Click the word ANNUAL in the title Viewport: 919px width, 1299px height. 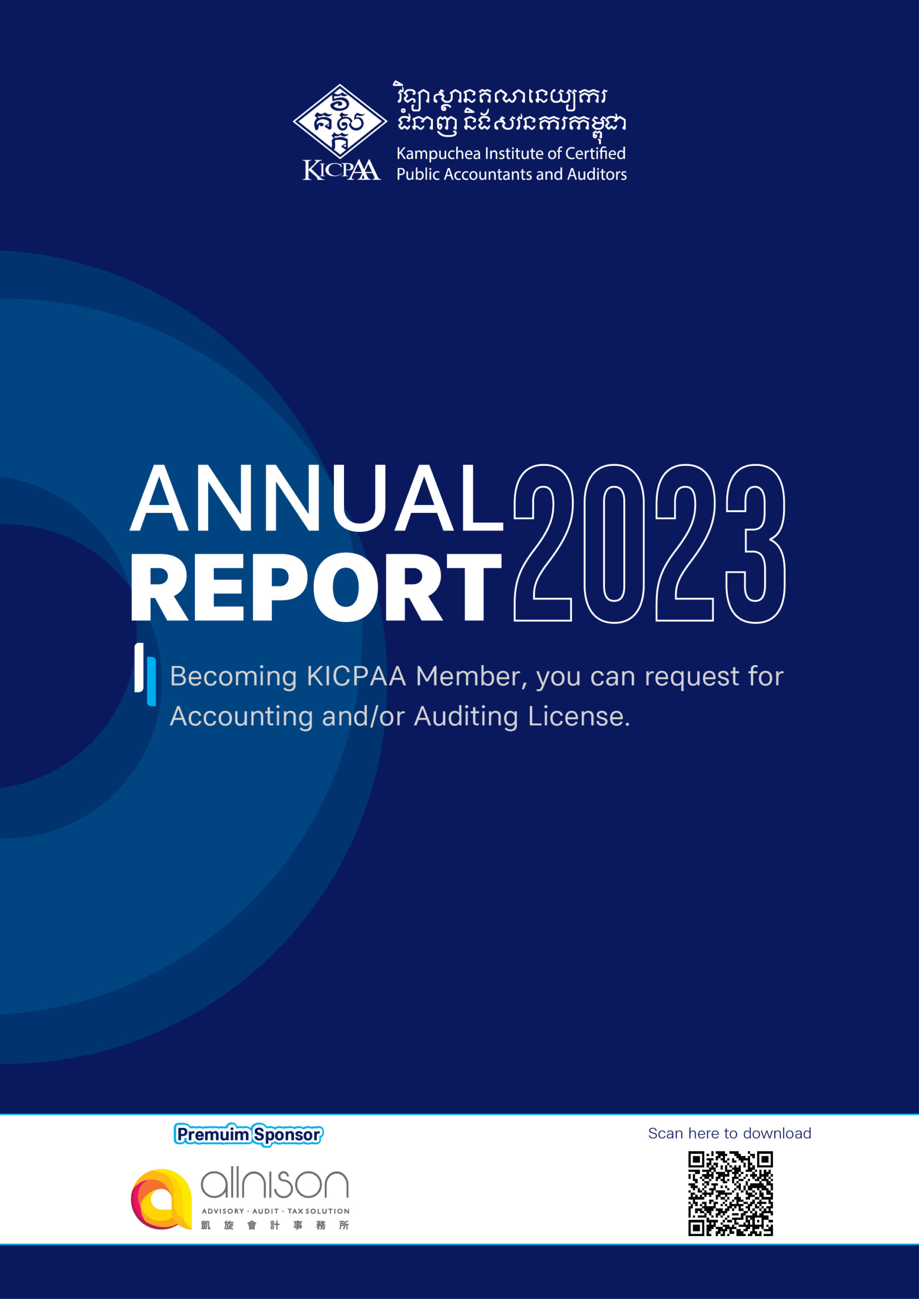(x=316, y=498)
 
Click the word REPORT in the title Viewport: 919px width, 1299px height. (x=316, y=587)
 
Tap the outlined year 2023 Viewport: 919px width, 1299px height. (x=649, y=543)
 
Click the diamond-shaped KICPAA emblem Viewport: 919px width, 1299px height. (x=339, y=121)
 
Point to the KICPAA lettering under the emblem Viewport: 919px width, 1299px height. (x=341, y=169)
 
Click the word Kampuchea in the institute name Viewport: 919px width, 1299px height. (x=438, y=154)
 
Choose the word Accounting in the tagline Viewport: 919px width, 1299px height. (x=241, y=717)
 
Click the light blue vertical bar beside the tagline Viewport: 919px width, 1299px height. (x=152, y=681)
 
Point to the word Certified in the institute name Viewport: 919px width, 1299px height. (x=595, y=153)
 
